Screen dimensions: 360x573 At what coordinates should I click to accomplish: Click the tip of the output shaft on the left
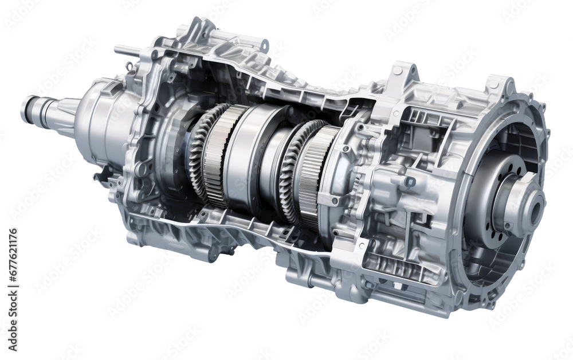[x=26, y=109]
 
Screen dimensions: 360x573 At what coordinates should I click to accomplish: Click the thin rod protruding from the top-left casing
[x=127, y=51]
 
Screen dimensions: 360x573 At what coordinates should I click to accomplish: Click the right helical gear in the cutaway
[x=289, y=172]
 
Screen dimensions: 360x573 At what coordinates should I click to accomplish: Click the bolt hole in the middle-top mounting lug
[x=398, y=71]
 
